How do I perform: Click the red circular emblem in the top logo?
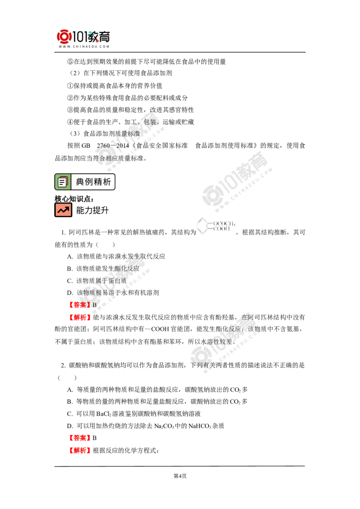(64, 37)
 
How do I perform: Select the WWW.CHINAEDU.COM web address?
(84, 46)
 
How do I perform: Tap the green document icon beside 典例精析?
(63, 182)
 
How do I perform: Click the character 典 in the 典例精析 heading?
(80, 182)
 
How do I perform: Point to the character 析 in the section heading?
(107, 182)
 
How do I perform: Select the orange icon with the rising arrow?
(63, 210)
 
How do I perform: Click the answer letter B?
(94, 305)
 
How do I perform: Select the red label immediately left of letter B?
(79, 305)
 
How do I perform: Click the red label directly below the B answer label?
(80, 318)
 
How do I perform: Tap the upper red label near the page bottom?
(79, 438)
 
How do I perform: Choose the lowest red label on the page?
(80, 451)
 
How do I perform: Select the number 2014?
(122, 146)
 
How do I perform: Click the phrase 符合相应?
(108, 158)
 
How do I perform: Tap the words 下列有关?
(205, 365)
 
